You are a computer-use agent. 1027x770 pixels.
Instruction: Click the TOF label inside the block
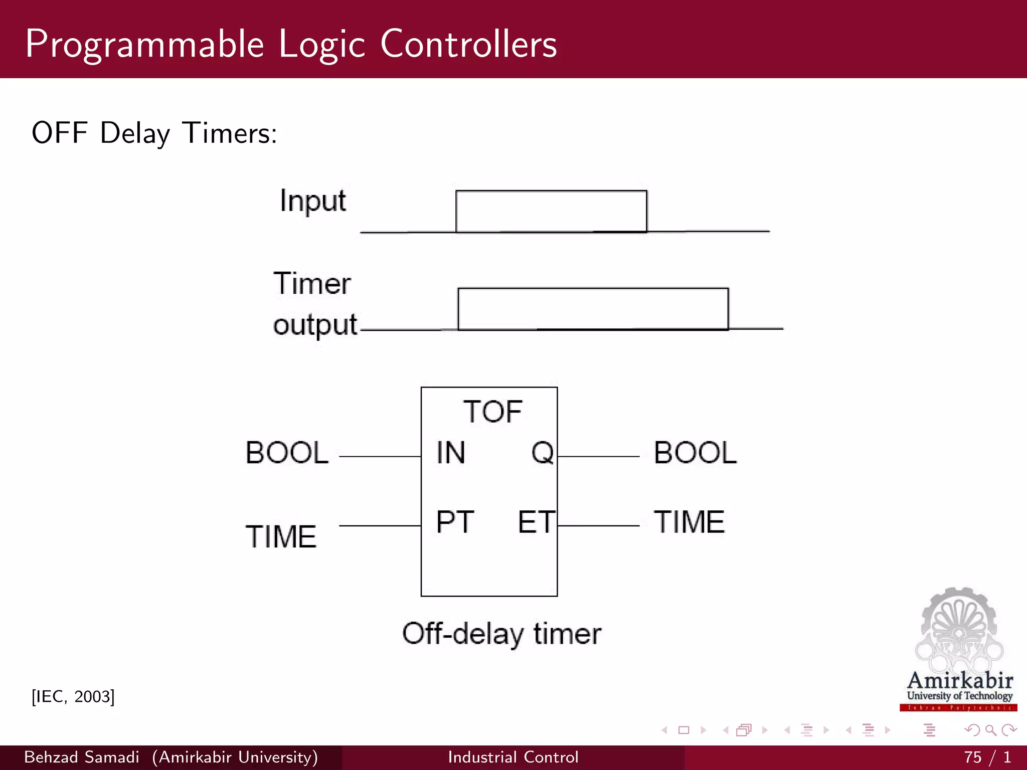(x=492, y=412)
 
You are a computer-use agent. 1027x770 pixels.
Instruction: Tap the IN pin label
(x=451, y=453)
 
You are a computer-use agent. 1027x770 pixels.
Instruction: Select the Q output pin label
(x=542, y=453)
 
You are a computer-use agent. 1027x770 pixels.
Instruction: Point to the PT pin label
(x=455, y=522)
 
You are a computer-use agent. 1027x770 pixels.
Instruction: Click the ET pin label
(x=536, y=522)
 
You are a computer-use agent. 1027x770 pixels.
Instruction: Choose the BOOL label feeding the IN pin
(x=287, y=453)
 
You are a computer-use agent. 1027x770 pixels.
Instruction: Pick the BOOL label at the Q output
(x=695, y=453)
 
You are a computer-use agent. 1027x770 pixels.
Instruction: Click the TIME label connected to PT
(x=281, y=537)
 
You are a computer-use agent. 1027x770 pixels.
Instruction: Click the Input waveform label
(x=313, y=202)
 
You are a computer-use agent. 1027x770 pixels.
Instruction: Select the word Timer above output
(x=312, y=284)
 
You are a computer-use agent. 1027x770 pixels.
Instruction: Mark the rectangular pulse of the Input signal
(x=551, y=211)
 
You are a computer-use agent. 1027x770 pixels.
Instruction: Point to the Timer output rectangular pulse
(x=593, y=309)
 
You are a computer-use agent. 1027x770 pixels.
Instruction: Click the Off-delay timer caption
(x=501, y=634)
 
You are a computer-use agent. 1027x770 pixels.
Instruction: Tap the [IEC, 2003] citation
(x=73, y=697)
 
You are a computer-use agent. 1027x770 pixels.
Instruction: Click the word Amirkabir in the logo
(x=960, y=681)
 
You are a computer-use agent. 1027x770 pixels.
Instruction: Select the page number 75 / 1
(x=987, y=757)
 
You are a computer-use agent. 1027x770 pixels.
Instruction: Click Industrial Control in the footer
(x=513, y=757)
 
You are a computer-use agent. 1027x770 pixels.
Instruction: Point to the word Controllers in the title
(x=468, y=44)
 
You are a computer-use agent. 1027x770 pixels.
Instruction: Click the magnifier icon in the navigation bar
(x=990, y=730)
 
